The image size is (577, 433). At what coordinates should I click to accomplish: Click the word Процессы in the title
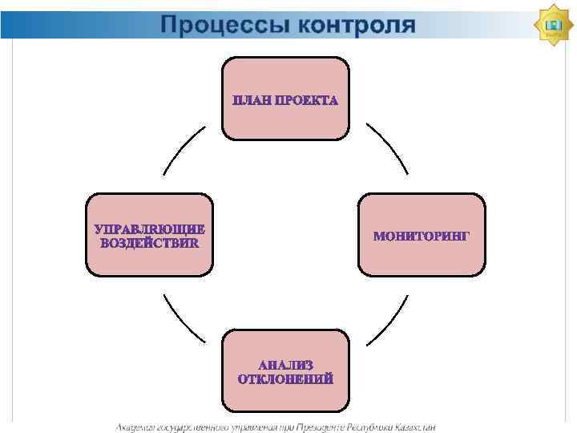pyautogui.click(x=225, y=25)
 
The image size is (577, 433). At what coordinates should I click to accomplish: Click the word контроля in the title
pyautogui.click(x=357, y=25)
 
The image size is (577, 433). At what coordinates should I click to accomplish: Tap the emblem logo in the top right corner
pyautogui.click(x=552, y=26)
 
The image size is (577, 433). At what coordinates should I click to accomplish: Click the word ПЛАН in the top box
pyautogui.click(x=251, y=101)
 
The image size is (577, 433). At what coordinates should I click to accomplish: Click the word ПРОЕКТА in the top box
pyautogui.click(x=306, y=101)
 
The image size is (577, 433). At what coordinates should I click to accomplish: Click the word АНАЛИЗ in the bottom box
pyautogui.click(x=285, y=365)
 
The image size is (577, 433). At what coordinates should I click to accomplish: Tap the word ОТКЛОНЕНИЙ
pyautogui.click(x=285, y=379)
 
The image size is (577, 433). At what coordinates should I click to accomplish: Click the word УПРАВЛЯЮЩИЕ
pyautogui.click(x=149, y=229)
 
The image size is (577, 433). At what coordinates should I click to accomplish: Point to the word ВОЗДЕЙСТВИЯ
pyautogui.click(x=149, y=243)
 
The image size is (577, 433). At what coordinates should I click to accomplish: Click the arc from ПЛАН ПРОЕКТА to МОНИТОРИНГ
pyautogui.click(x=388, y=148)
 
